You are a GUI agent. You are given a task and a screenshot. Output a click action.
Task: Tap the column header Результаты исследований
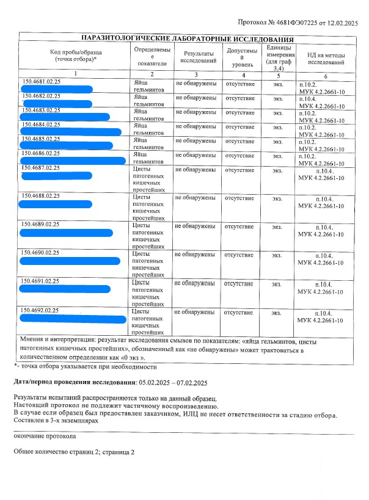(195, 58)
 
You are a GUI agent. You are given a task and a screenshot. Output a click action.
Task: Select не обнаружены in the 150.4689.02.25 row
(195, 226)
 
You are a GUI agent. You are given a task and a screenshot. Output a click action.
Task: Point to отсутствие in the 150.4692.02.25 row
(239, 313)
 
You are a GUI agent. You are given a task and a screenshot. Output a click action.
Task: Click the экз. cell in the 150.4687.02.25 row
(278, 170)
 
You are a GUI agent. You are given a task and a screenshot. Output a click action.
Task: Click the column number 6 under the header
(326, 75)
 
